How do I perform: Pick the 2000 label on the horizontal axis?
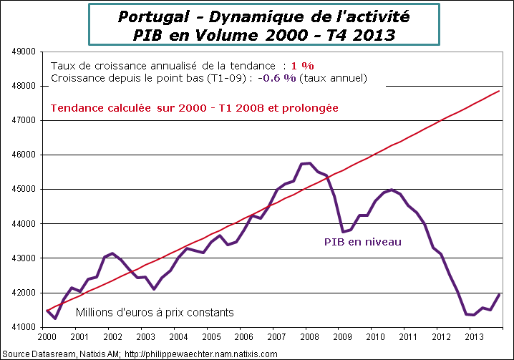pyautogui.click(x=47, y=337)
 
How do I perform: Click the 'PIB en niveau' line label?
pyautogui.click(x=363, y=242)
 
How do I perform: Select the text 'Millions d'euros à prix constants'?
pyautogui.click(x=155, y=313)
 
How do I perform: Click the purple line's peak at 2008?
pyautogui.click(x=308, y=163)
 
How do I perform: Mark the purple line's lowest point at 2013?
pyautogui.click(x=473, y=315)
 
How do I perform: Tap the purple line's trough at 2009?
pyautogui.click(x=344, y=232)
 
